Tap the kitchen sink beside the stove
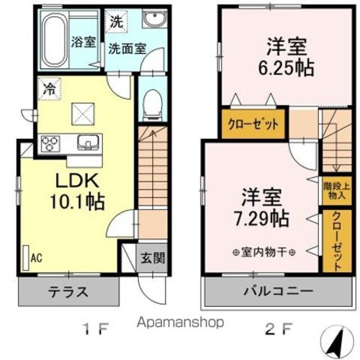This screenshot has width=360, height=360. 88,142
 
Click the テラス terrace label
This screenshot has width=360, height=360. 67,292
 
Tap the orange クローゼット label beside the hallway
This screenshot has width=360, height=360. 253,125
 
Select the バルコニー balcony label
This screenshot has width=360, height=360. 278,292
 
